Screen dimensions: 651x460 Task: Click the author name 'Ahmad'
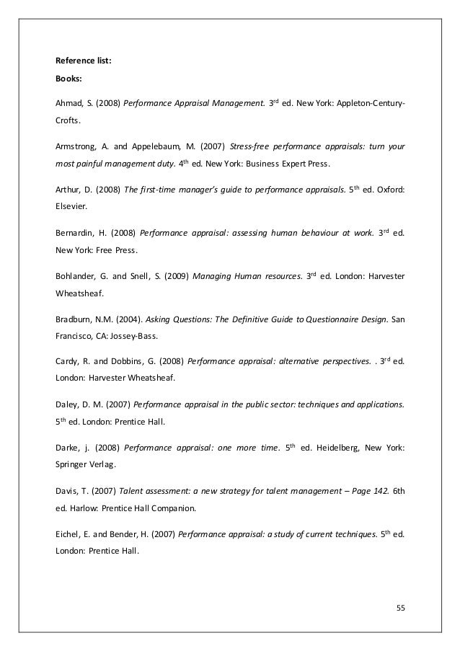tap(68, 102)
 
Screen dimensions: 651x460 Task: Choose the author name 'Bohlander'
tap(76, 278)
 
